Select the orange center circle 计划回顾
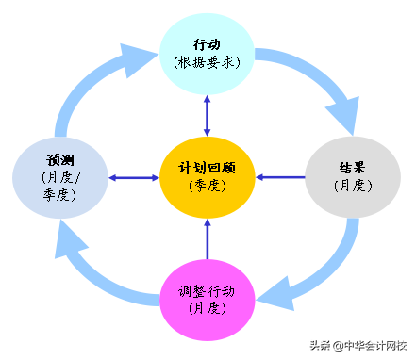click(208, 176)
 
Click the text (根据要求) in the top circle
click(208, 62)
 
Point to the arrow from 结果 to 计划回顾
click(280, 176)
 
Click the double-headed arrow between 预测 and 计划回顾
click(133, 177)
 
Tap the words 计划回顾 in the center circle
click(208, 167)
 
